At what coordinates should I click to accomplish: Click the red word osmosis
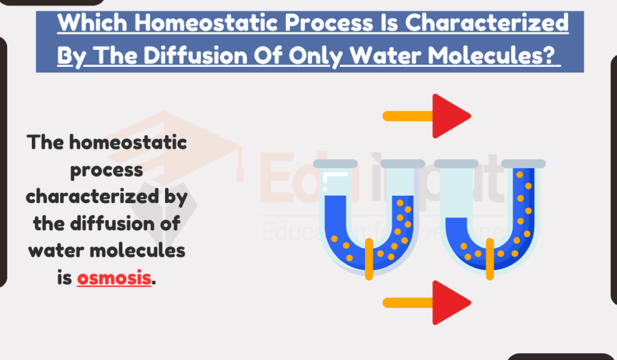(113, 279)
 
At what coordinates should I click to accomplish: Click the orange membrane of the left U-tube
(369, 259)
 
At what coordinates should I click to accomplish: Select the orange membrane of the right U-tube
(489, 259)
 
